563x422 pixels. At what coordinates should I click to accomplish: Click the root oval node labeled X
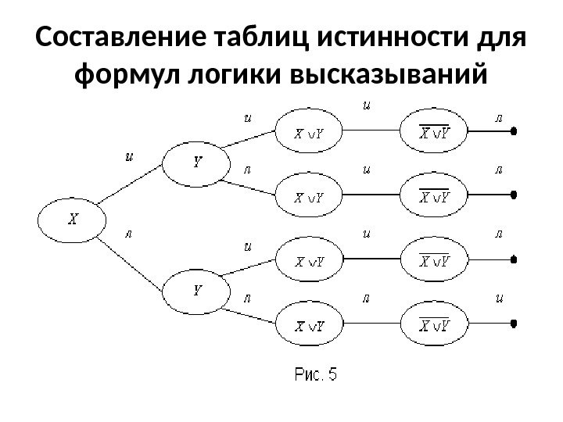(x=72, y=219)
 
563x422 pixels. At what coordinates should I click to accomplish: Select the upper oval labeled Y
(x=196, y=163)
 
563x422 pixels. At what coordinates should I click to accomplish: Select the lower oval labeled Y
(x=196, y=290)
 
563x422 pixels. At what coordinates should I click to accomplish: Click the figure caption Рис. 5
(x=316, y=375)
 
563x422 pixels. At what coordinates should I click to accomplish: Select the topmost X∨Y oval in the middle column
(x=309, y=134)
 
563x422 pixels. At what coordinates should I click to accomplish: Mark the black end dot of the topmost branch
(x=514, y=133)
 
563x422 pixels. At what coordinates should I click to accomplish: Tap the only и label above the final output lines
(x=499, y=297)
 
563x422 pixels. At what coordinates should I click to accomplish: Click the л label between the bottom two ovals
(x=365, y=298)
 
